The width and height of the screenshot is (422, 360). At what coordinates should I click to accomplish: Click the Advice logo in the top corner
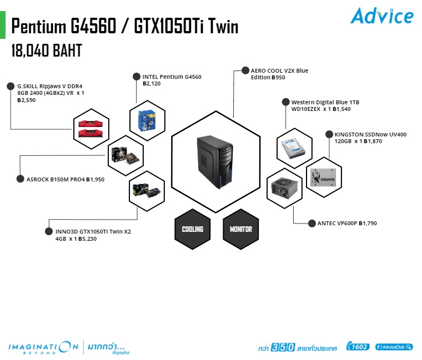[x=381, y=16]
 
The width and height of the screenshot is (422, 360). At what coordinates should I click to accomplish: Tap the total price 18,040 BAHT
[x=47, y=51]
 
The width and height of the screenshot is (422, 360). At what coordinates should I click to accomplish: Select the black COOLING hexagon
[x=193, y=229]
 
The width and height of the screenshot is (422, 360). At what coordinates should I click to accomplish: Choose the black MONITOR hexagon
[x=240, y=229]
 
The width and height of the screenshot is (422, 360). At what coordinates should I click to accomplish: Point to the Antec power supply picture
[x=285, y=189]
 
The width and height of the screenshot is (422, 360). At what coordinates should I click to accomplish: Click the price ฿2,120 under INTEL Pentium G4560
[x=152, y=84]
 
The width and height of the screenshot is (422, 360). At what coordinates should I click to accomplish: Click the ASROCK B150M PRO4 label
[x=56, y=179]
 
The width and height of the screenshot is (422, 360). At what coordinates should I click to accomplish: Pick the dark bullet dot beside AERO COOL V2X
[x=245, y=71]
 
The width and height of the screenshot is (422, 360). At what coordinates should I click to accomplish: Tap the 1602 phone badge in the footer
[x=357, y=347]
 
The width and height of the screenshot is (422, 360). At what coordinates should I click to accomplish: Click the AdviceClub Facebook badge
[x=394, y=347]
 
